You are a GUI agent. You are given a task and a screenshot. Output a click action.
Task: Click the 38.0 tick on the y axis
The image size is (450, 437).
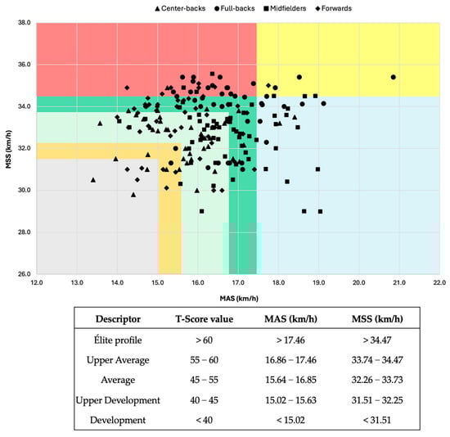pyautogui.click(x=22, y=23)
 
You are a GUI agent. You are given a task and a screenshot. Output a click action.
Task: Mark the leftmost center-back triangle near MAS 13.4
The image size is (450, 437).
pyautogui.click(x=93, y=179)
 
